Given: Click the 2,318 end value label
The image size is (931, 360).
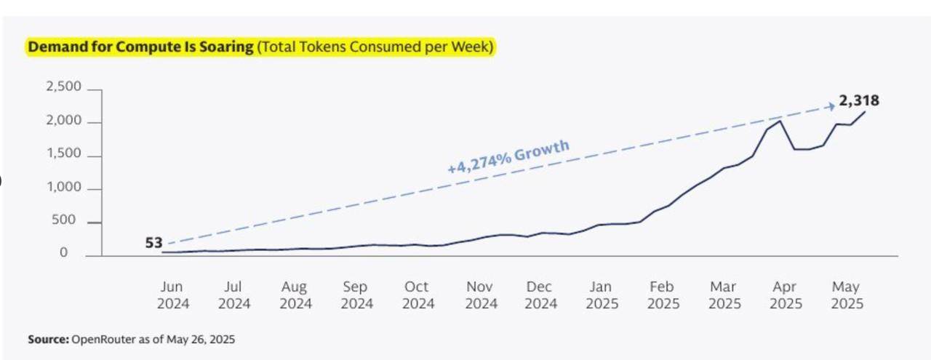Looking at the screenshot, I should tap(858, 102).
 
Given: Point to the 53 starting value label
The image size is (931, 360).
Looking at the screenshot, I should tap(153, 243).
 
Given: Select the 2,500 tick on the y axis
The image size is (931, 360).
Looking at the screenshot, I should tap(64, 87).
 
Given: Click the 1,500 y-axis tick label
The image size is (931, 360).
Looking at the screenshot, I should tap(64, 154).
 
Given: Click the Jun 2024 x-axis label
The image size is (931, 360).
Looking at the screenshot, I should tap(172, 295).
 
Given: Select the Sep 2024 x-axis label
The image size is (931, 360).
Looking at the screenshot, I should tap(356, 295).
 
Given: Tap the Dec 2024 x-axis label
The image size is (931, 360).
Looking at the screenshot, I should tap(540, 295).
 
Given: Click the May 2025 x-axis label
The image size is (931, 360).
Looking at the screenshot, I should tap(846, 295).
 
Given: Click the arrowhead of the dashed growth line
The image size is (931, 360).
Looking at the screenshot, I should tap(831, 106).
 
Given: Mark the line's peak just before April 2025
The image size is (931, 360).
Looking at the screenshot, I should tap(780, 121).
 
